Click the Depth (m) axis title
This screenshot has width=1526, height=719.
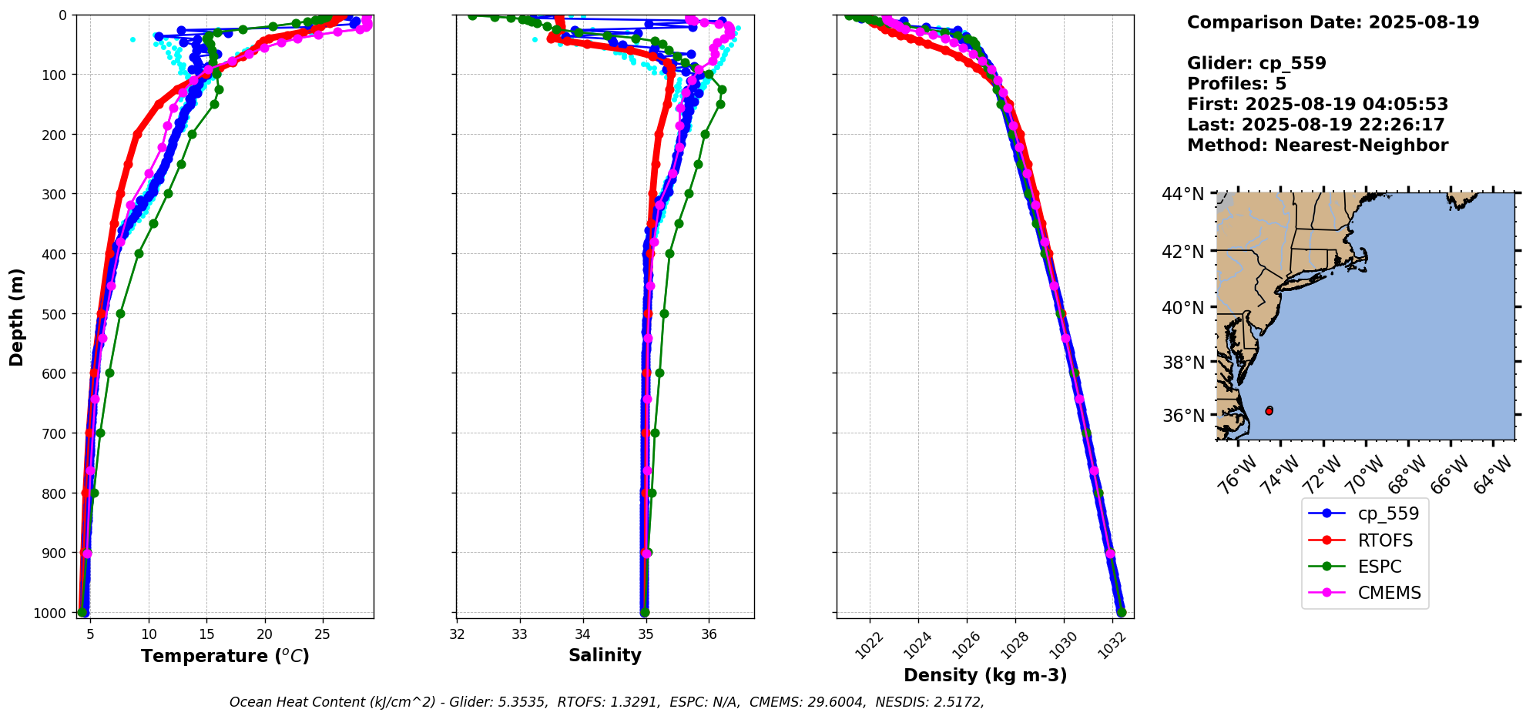(x=17, y=316)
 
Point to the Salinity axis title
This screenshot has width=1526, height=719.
(x=605, y=655)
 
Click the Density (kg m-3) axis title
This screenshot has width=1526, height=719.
(x=985, y=675)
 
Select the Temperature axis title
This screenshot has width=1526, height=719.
(x=225, y=656)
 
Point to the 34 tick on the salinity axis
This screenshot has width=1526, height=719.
(x=583, y=635)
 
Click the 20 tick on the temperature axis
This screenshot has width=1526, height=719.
(x=265, y=635)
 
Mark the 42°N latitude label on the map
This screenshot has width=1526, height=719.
(x=1182, y=251)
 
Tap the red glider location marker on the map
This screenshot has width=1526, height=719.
(x=1269, y=411)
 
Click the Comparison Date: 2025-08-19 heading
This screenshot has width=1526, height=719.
(x=1333, y=22)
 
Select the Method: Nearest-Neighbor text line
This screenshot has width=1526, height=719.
(x=1317, y=145)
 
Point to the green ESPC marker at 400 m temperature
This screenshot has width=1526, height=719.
(x=139, y=253)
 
